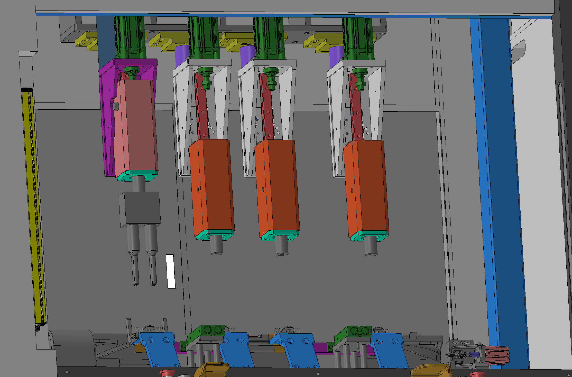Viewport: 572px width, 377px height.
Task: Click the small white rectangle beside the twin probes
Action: pos(170,271)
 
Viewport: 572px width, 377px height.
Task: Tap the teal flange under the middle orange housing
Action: pos(280,235)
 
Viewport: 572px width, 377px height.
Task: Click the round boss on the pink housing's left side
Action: pos(115,106)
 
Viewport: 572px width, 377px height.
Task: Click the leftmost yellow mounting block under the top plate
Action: pos(86,41)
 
